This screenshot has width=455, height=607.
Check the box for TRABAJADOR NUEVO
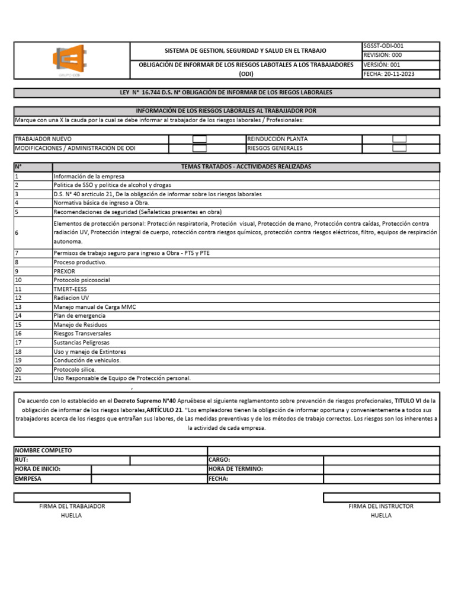200,139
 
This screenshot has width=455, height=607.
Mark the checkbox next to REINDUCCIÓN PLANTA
399,139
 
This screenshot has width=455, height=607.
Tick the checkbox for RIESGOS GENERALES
399,148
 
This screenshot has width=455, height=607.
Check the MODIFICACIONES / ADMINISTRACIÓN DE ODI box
200,148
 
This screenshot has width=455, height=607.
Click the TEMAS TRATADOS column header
246,167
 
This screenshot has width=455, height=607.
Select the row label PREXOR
64,271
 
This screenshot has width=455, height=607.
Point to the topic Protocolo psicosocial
81,280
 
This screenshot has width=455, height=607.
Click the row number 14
18,315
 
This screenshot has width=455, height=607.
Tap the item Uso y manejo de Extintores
89,352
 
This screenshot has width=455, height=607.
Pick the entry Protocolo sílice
74,369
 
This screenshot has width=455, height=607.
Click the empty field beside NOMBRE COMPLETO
323,451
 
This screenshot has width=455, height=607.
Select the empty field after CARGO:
381,460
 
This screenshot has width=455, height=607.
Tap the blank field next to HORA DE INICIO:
149,469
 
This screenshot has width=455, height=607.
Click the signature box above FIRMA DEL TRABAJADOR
72,497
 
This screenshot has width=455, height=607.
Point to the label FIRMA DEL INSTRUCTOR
381,506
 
